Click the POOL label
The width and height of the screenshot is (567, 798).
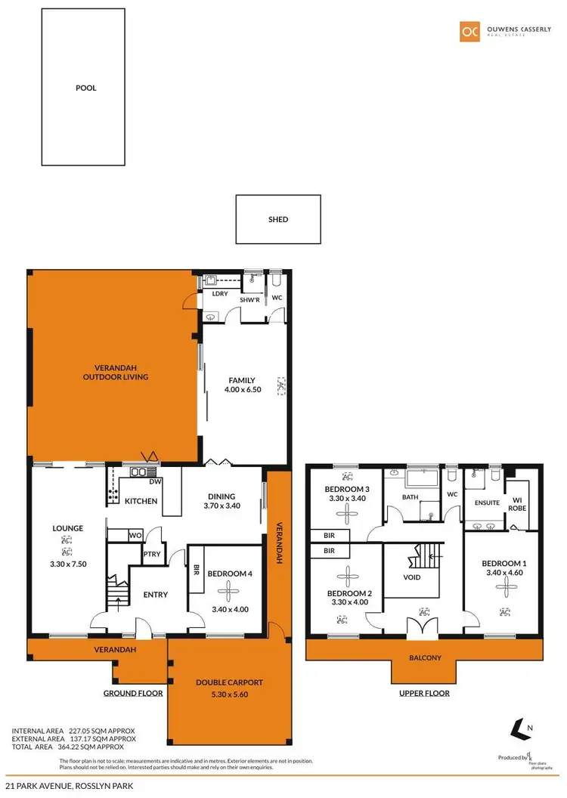86,88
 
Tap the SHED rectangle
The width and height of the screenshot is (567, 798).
278,220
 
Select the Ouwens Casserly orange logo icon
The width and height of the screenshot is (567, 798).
469,31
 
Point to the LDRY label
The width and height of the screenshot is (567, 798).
220,294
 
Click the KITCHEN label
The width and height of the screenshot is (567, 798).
141,501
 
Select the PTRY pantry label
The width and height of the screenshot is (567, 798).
150,553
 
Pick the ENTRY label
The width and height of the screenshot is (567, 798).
155,595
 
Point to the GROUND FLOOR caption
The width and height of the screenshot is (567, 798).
132,693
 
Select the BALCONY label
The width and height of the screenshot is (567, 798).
426,657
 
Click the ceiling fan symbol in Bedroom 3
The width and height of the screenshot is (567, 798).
346,515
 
